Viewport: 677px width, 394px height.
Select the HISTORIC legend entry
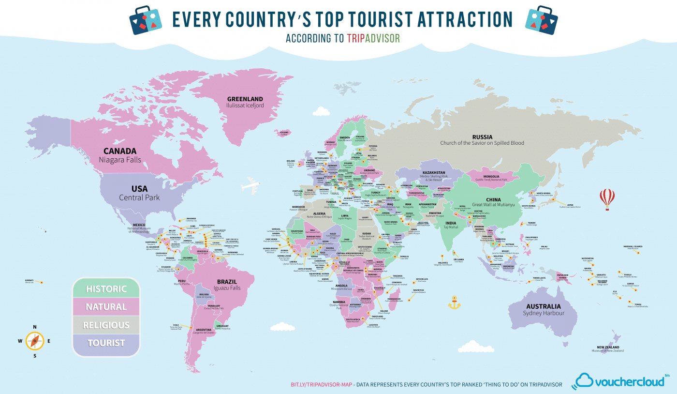click(x=106, y=289)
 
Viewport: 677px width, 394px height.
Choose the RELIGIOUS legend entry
click(x=106, y=325)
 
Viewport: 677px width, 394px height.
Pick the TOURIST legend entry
click(x=106, y=343)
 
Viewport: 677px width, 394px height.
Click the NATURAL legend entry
click(x=106, y=307)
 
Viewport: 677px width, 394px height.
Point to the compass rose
click(x=35, y=341)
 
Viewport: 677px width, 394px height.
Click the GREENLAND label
click(x=245, y=99)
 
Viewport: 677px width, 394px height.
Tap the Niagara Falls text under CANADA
click(x=120, y=159)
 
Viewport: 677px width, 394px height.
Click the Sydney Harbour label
click(x=544, y=313)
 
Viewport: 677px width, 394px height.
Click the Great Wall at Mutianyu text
click(x=494, y=205)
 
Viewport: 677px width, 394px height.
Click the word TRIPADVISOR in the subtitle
click(x=373, y=38)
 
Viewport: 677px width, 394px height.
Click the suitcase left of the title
click(x=146, y=20)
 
